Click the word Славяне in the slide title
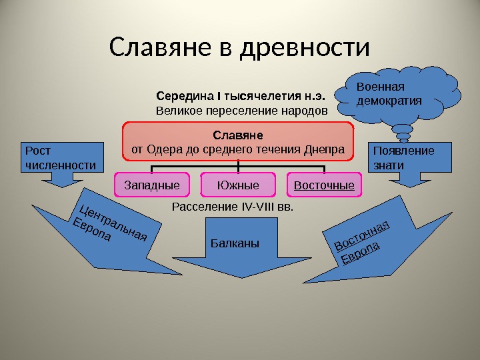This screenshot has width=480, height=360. click(x=155, y=48)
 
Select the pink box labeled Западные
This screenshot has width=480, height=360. click(x=152, y=185)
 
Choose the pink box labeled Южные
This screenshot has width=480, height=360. click(x=238, y=185)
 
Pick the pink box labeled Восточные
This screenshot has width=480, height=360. click(x=324, y=185)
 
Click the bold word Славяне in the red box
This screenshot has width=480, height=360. click(x=237, y=135)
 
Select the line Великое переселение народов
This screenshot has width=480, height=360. click(x=242, y=109)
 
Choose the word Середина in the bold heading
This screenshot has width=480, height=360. click(x=179, y=95)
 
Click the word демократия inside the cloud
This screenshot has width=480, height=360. click(x=389, y=101)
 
